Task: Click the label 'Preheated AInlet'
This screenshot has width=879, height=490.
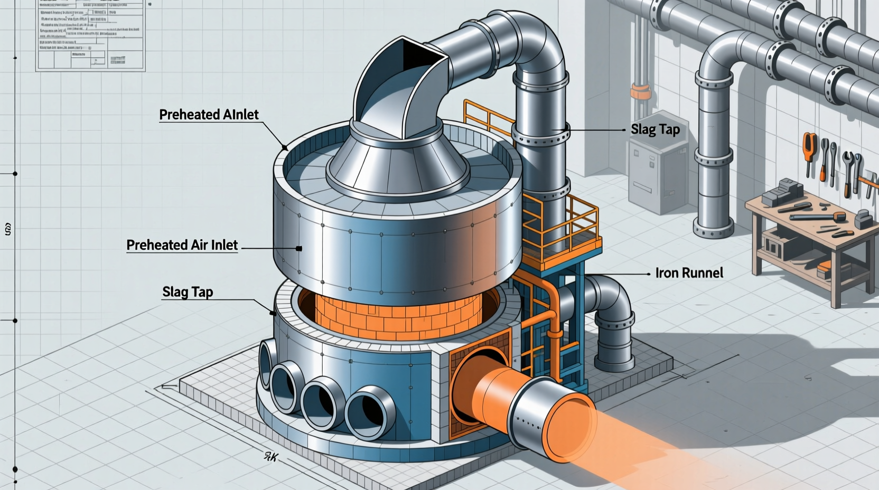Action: [x=209, y=115]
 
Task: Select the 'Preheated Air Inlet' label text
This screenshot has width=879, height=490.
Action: [x=182, y=245]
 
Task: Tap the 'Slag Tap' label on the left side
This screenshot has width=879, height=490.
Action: [x=188, y=292]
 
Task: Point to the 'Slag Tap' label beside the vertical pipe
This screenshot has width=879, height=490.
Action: [x=655, y=130]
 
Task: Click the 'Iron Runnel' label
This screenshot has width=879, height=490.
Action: [x=689, y=273]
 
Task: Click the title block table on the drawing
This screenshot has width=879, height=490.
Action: [x=90, y=34]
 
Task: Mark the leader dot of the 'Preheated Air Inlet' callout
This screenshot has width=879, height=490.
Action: [x=299, y=248]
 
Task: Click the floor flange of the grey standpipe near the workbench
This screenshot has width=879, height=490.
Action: [x=713, y=230]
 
